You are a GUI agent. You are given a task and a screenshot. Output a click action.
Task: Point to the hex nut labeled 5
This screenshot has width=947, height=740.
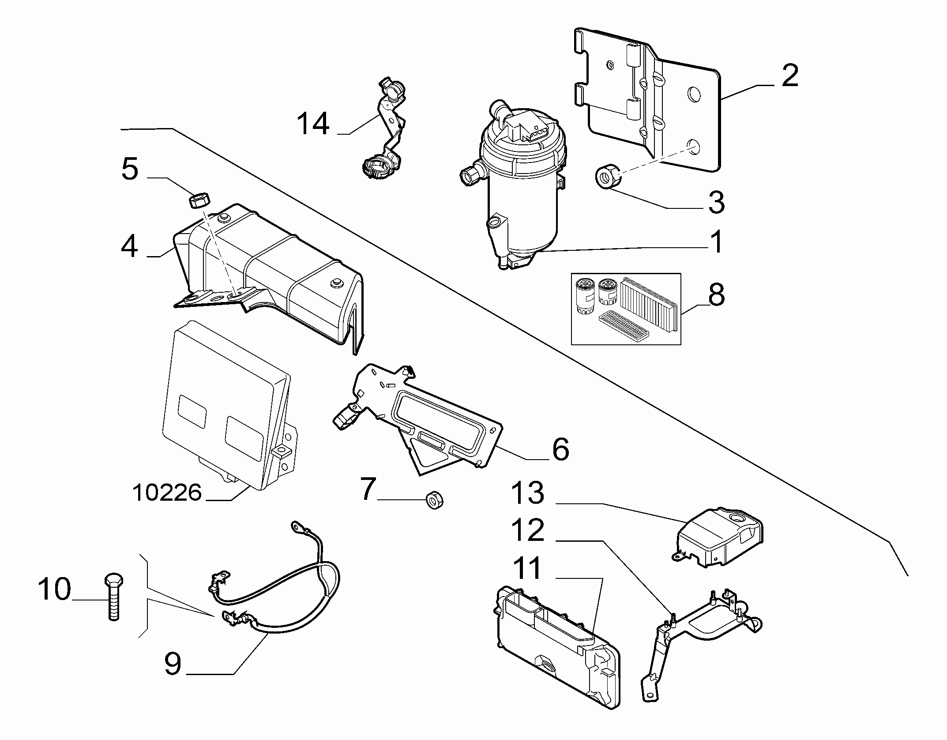[199, 202]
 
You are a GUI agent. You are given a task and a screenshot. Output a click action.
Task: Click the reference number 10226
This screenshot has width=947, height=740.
[167, 492]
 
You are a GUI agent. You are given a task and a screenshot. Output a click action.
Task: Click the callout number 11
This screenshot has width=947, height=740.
[528, 568]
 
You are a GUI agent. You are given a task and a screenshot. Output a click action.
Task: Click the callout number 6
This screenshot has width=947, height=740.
[560, 449]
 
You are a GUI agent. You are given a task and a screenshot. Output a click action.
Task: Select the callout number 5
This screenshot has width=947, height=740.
[129, 169]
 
